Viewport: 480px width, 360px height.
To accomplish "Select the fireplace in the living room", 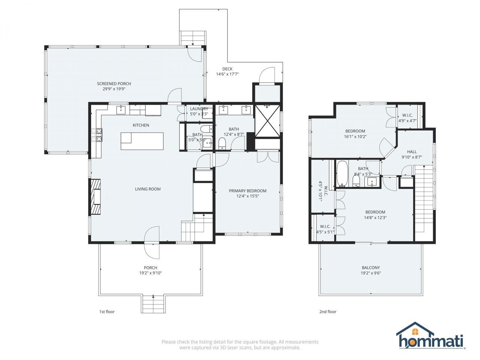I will [95, 197].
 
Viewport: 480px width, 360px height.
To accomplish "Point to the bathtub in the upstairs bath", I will [342, 174].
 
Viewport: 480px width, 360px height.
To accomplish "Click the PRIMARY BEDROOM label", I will [247, 191].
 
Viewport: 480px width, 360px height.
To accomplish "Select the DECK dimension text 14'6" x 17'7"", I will [227, 74].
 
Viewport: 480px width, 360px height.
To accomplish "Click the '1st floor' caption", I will [107, 312].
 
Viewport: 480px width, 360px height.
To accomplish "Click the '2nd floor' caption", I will [328, 312].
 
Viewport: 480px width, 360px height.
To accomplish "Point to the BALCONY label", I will [370, 268].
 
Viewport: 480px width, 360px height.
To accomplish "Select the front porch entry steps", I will [153, 304].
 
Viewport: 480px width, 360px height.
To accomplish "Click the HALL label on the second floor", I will [412, 152].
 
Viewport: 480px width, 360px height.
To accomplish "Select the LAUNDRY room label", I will [199, 109].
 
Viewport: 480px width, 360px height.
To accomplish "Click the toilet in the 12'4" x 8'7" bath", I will [222, 143].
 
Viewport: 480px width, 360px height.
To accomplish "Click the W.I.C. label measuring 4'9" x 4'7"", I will [407, 115].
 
